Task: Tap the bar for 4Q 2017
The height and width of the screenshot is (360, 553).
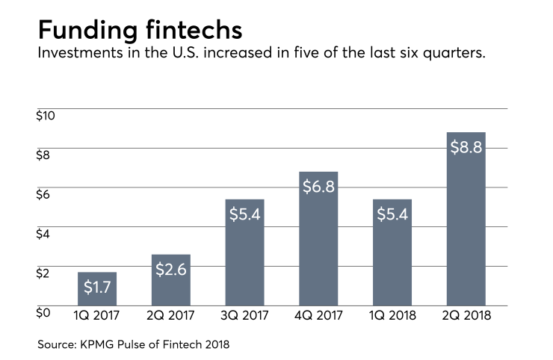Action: tap(319, 246)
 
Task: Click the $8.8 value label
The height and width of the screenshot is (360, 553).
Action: tap(466, 146)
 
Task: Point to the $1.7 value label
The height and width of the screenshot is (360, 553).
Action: tap(97, 287)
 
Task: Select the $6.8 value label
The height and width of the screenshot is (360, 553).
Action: tap(319, 186)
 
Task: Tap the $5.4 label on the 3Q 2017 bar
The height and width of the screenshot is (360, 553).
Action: tap(245, 214)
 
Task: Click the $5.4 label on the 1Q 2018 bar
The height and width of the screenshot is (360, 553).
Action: tap(392, 214)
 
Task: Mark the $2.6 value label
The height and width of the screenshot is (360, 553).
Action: tap(171, 269)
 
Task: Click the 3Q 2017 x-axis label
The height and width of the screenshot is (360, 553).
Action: tap(245, 316)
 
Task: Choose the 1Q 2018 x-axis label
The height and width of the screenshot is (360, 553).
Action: tap(392, 316)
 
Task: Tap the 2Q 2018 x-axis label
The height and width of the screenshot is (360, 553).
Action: tap(466, 316)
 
